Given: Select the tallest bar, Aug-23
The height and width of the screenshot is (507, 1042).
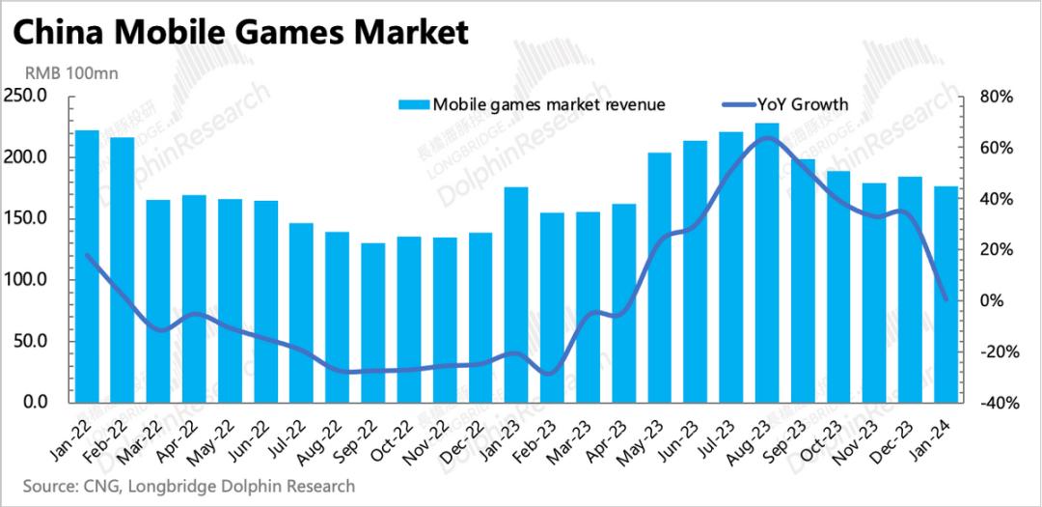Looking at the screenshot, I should tap(768, 262).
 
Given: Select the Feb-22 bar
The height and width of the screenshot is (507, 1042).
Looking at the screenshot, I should tap(123, 269).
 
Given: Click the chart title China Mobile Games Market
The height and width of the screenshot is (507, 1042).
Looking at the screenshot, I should tap(242, 33).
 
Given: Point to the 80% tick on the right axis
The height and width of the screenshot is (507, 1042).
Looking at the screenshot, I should tap(995, 97).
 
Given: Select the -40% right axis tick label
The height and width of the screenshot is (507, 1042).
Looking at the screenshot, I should tap(993, 403).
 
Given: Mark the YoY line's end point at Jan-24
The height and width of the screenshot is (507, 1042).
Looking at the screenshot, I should tap(946, 299).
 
